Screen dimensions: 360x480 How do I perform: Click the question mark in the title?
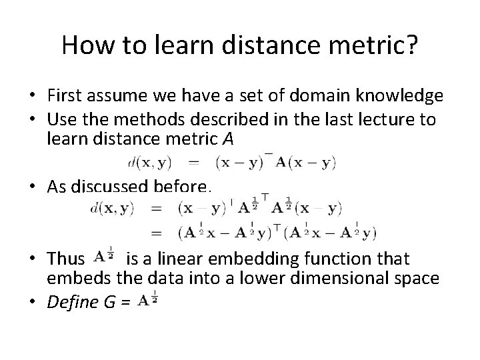[412, 45]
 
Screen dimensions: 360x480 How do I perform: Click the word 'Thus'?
[65, 258]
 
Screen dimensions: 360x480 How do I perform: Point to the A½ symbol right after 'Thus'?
[103, 256]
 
